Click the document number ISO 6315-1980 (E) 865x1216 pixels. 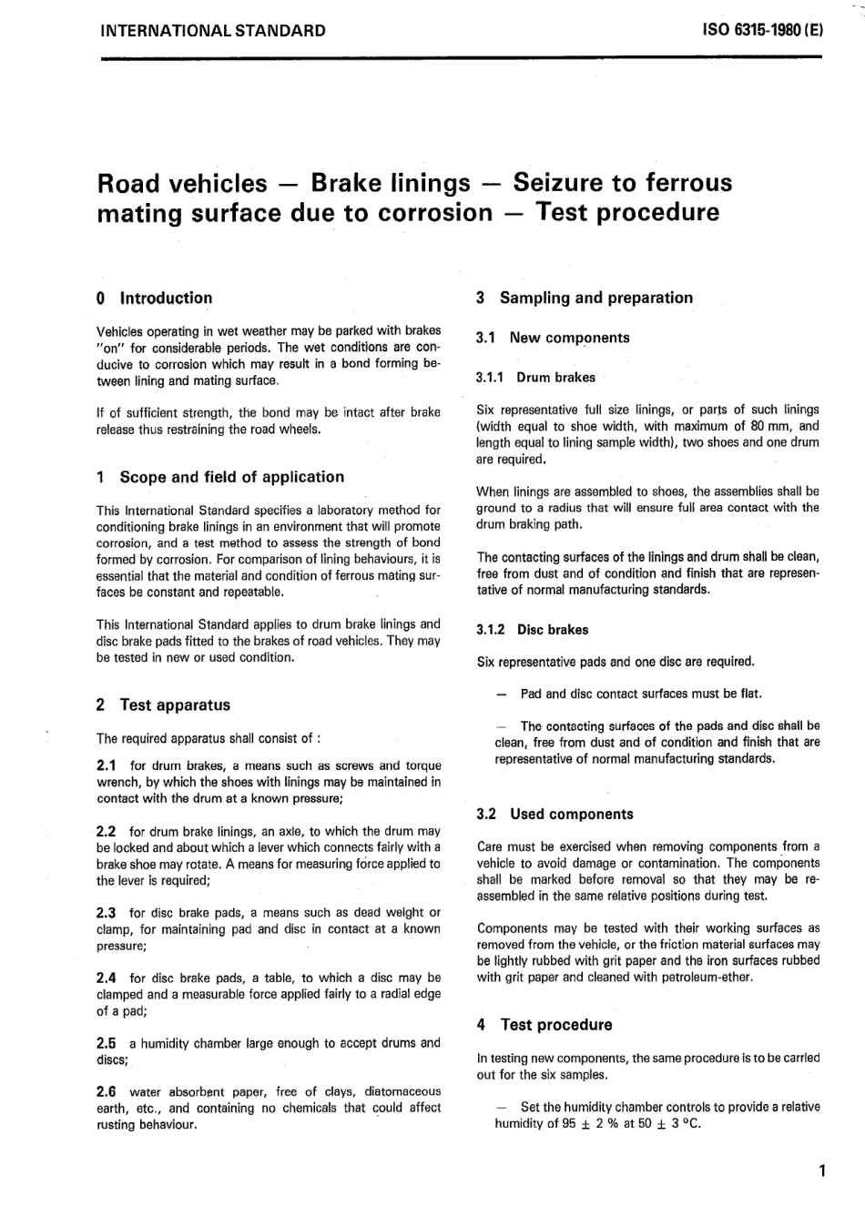[x=763, y=30]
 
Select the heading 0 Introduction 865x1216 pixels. [x=154, y=298]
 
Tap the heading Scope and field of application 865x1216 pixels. [x=231, y=477]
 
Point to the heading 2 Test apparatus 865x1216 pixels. [x=163, y=704]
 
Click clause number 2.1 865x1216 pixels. [x=107, y=765]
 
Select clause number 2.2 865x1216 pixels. [x=107, y=831]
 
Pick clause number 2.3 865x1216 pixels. [x=107, y=912]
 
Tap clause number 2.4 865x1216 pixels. [x=107, y=978]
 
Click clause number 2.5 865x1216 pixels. [x=107, y=1043]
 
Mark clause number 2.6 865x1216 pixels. [x=107, y=1091]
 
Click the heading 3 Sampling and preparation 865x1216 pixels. [x=585, y=298]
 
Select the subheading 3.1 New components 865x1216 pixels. [x=554, y=338]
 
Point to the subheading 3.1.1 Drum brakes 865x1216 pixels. [x=535, y=377]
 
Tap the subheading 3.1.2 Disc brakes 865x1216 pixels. [x=533, y=629]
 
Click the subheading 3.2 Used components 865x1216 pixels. [x=555, y=814]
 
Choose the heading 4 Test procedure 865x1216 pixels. [x=544, y=1024]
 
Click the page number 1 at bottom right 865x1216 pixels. [x=821, y=1170]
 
